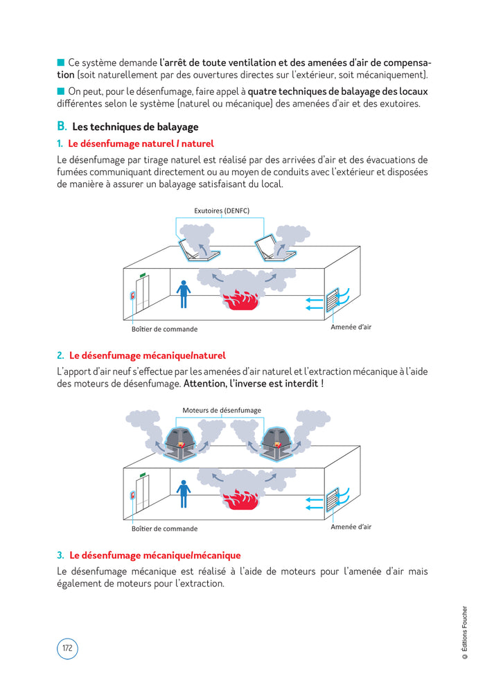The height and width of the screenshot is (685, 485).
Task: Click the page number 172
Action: tap(67, 648)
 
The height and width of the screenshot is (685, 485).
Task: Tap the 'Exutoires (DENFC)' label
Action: tap(221, 210)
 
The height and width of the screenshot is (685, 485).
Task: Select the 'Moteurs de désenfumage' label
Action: tap(222, 410)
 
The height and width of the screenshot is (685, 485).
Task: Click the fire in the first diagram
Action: tap(240, 300)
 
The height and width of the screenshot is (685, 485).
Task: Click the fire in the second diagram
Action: tap(240, 499)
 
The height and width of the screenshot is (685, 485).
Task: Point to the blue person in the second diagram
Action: tap(184, 492)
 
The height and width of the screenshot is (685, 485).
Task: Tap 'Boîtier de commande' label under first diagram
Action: tap(164, 329)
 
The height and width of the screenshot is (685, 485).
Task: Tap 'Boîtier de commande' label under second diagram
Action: tap(164, 528)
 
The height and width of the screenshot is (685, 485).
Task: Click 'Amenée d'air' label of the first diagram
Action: tap(351, 327)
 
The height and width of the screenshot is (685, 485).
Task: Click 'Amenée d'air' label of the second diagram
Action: tap(351, 526)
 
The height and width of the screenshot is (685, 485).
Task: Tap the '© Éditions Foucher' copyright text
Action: tap(465, 637)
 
